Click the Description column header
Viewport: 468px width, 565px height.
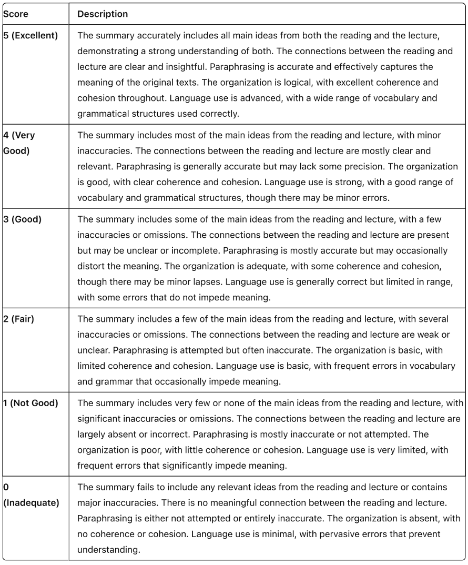click(103, 14)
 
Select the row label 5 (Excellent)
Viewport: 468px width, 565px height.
click(31, 37)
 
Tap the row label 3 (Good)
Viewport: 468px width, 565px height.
click(22, 220)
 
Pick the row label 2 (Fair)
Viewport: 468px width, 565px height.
click(19, 319)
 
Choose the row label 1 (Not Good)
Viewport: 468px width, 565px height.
click(30, 403)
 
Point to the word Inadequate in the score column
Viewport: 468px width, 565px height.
click(32, 503)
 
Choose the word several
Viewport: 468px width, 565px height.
click(438, 319)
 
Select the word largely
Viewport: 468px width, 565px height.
click(90, 435)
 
